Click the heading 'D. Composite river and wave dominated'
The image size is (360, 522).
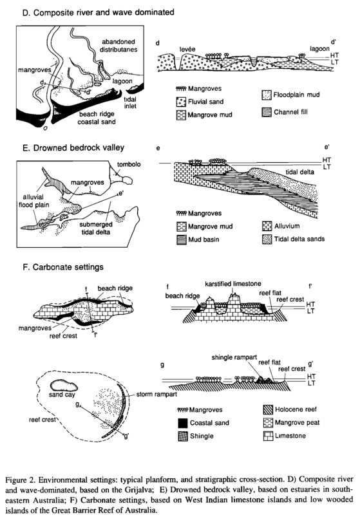[99, 13]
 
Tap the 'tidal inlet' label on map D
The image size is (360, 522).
[130, 102]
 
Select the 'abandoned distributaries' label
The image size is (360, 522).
[118, 46]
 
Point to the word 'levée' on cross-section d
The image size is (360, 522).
[187, 50]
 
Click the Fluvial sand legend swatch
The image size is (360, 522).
[181, 102]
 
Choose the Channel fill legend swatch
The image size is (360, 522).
[267, 112]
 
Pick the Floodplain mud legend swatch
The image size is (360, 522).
[267, 95]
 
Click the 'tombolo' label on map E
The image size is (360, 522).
[129, 165]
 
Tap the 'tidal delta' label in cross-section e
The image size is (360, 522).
[300, 172]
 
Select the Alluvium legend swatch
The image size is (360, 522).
[267, 227]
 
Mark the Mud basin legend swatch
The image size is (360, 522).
[181, 239]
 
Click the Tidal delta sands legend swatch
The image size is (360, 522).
[267, 239]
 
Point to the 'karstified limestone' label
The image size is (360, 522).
[233, 284]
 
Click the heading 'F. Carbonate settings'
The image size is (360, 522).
[63, 267]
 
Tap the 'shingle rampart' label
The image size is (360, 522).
[234, 357]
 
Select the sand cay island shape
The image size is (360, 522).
[64, 386]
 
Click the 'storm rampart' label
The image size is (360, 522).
[156, 395]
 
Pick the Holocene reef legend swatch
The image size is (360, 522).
[268, 410]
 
